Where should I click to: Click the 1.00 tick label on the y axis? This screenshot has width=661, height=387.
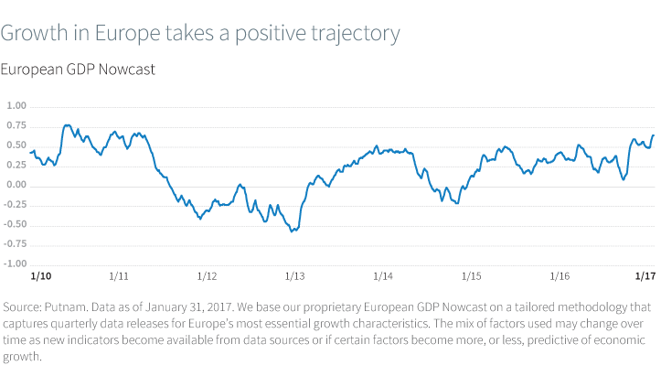coord(17,106)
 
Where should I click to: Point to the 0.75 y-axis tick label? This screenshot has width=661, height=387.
coord(17,125)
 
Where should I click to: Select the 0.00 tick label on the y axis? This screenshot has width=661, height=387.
coord(17,186)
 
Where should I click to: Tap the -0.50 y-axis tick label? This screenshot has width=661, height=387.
coord(16,225)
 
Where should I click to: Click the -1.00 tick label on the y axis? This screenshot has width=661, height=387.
coord(16,264)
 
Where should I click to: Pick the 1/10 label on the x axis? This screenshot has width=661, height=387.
coord(40,275)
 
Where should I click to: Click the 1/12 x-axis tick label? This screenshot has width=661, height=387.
coord(207,275)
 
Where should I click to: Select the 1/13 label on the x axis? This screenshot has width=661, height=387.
coord(294,275)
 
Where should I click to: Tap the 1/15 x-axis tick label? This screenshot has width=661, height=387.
coord(471,275)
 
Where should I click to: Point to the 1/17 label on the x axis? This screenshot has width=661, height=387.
coord(645,275)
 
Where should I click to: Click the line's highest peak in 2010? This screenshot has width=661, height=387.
coord(68,125)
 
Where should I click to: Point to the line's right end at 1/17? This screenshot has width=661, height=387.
coord(654,135)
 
